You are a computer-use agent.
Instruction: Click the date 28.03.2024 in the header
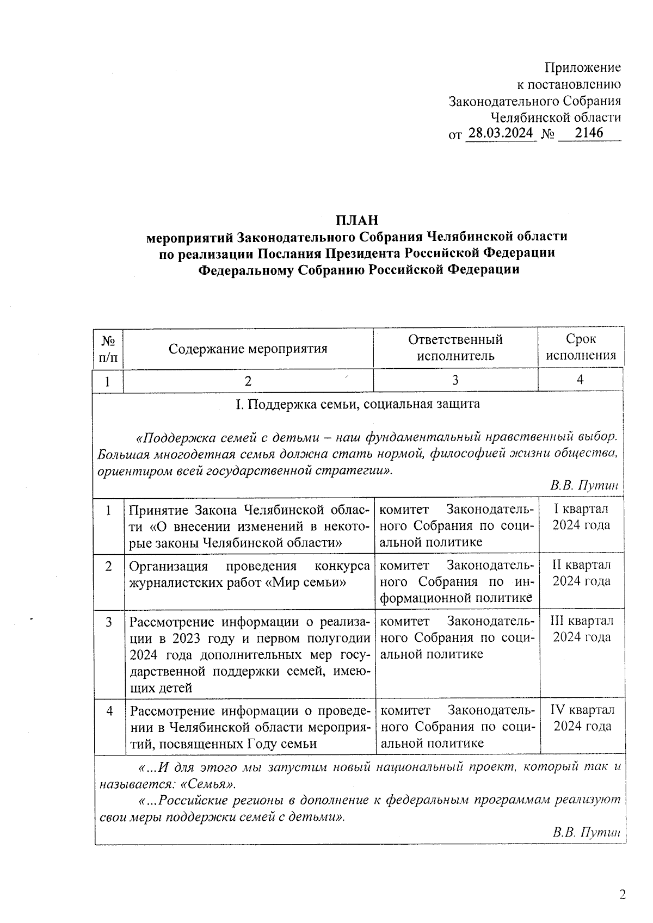coord(501,133)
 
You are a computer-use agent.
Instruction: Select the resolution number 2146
coord(589,133)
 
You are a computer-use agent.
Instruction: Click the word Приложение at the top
coord(582,67)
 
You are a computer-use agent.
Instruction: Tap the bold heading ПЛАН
coord(356,220)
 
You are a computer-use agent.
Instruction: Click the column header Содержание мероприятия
coord(248,349)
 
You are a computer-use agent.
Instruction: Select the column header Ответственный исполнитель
coord(455,348)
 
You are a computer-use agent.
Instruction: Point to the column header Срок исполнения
coord(581,348)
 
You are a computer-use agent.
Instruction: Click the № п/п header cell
coord(108,349)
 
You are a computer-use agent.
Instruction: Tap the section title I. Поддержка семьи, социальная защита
coord(357,404)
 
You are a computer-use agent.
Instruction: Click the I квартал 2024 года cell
coord(581,517)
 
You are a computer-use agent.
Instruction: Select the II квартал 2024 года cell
coord(581,573)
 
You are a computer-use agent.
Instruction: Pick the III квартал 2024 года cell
coord(582,629)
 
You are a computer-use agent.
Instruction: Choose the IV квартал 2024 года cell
coord(582,718)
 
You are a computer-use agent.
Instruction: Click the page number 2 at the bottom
coord(623,895)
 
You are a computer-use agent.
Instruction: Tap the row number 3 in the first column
coord(109,622)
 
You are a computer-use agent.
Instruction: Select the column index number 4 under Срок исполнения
coord(580,380)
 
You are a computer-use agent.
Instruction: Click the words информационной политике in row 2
coord(456,598)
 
